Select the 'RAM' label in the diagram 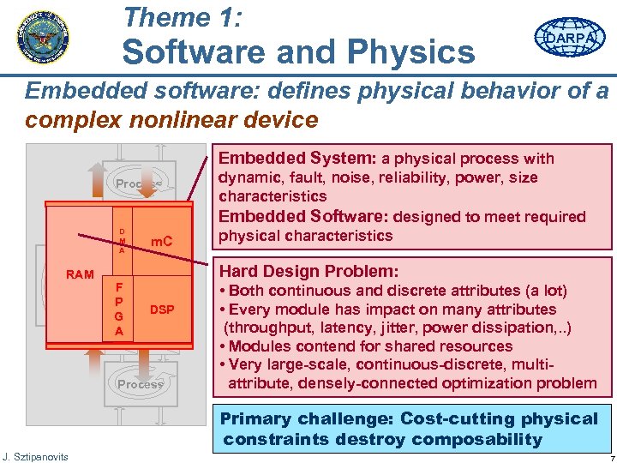[x=80, y=274]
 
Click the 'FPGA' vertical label [x=119, y=307]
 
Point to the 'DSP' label [x=163, y=309]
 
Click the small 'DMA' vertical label [x=122, y=241]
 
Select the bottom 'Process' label [x=140, y=384]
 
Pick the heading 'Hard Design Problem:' [x=309, y=270]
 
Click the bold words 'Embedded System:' [x=298, y=158]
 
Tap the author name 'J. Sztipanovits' [x=36, y=454]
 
